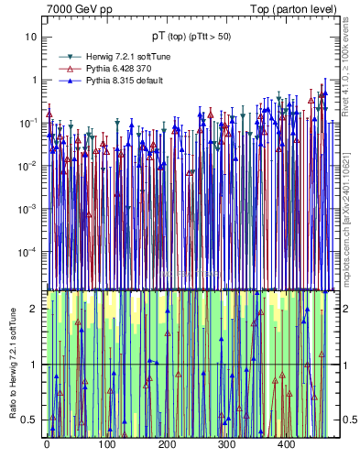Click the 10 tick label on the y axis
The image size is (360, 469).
click(x=30, y=37)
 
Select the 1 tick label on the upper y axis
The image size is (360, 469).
click(x=33, y=80)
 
